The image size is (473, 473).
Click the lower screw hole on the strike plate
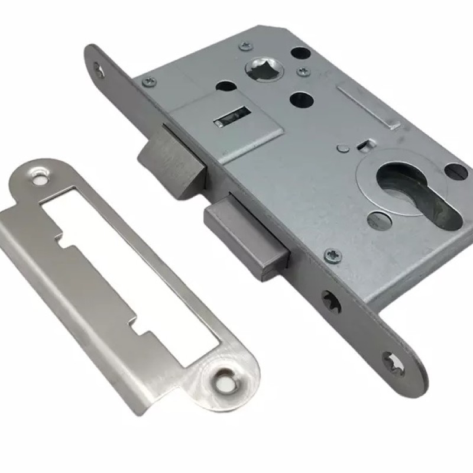click(225, 376)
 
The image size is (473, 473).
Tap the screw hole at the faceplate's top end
click(99, 72)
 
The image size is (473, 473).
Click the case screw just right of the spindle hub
click(303, 72)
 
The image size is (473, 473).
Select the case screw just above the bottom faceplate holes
click(333, 254)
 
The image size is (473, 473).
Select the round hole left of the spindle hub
click(225, 86)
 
